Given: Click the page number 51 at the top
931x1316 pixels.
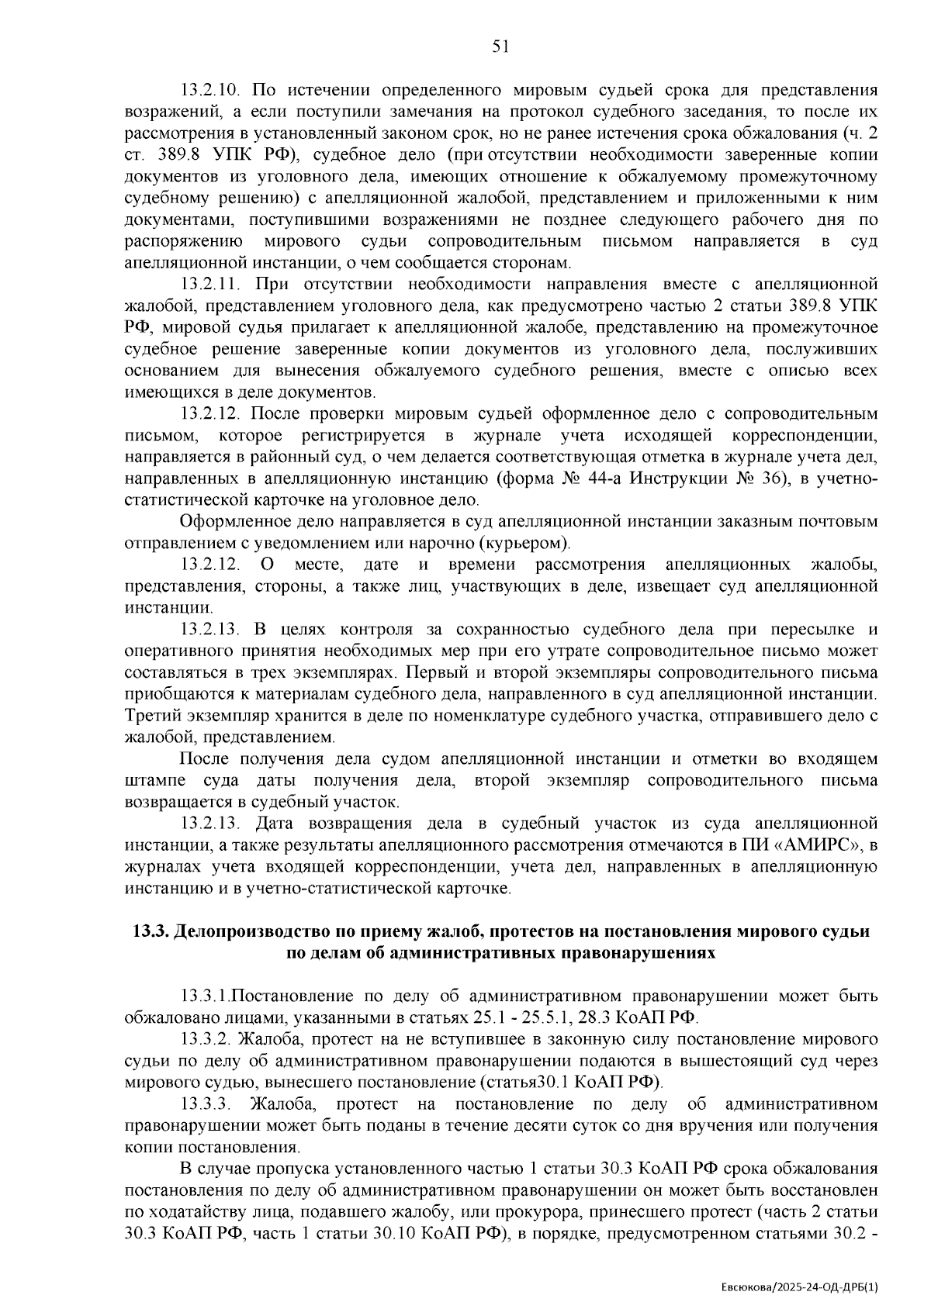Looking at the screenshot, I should point(500,47).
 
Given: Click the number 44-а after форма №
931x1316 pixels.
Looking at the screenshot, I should point(603,479).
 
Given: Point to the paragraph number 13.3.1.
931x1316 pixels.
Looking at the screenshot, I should point(206,996).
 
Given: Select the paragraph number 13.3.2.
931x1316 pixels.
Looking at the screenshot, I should point(207,1038).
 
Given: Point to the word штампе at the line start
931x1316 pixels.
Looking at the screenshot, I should point(152,780).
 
